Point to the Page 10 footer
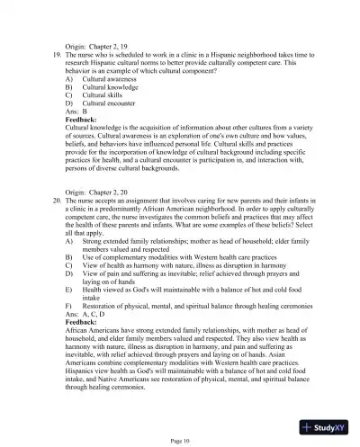pos(180,439)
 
